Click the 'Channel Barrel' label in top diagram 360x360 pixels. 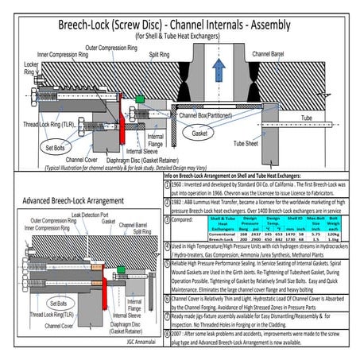[x=273, y=52]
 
